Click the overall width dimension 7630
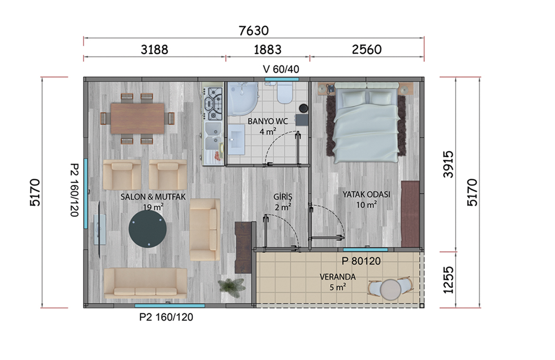[x=253, y=31]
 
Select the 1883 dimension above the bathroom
[x=268, y=50]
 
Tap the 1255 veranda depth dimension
[x=448, y=280]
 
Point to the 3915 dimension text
[x=448, y=164]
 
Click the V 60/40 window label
[x=281, y=69]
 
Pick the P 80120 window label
[x=361, y=261]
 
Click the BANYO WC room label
[x=268, y=121]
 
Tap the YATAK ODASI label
[x=366, y=194]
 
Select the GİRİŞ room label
[x=283, y=197]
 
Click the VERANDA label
[x=338, y=277]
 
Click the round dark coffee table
[x=147, y=229]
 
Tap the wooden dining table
[x=137, y=118]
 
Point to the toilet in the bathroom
[x=284, y=93]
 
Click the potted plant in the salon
[x=232, y=285]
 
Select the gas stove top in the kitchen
[x=213, y=104]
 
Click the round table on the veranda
[x=390, y=289]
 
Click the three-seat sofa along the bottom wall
[x=145, y=283]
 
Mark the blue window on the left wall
[x=86, y=193]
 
